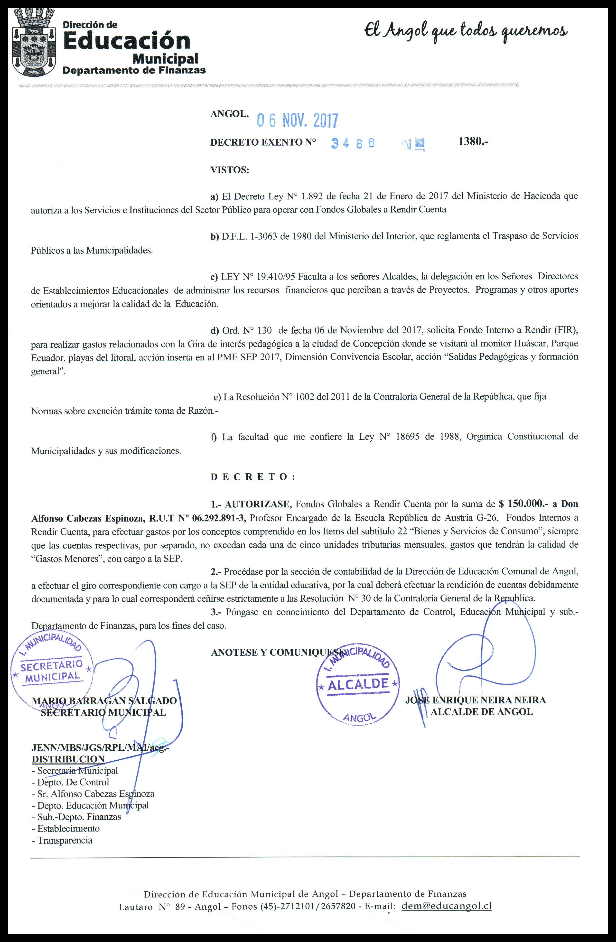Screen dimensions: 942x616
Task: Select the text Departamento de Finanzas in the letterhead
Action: point(135,70)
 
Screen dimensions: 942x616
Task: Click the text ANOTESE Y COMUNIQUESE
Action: point(277,652)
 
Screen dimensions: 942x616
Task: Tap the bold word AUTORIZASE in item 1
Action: point(259,504)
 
